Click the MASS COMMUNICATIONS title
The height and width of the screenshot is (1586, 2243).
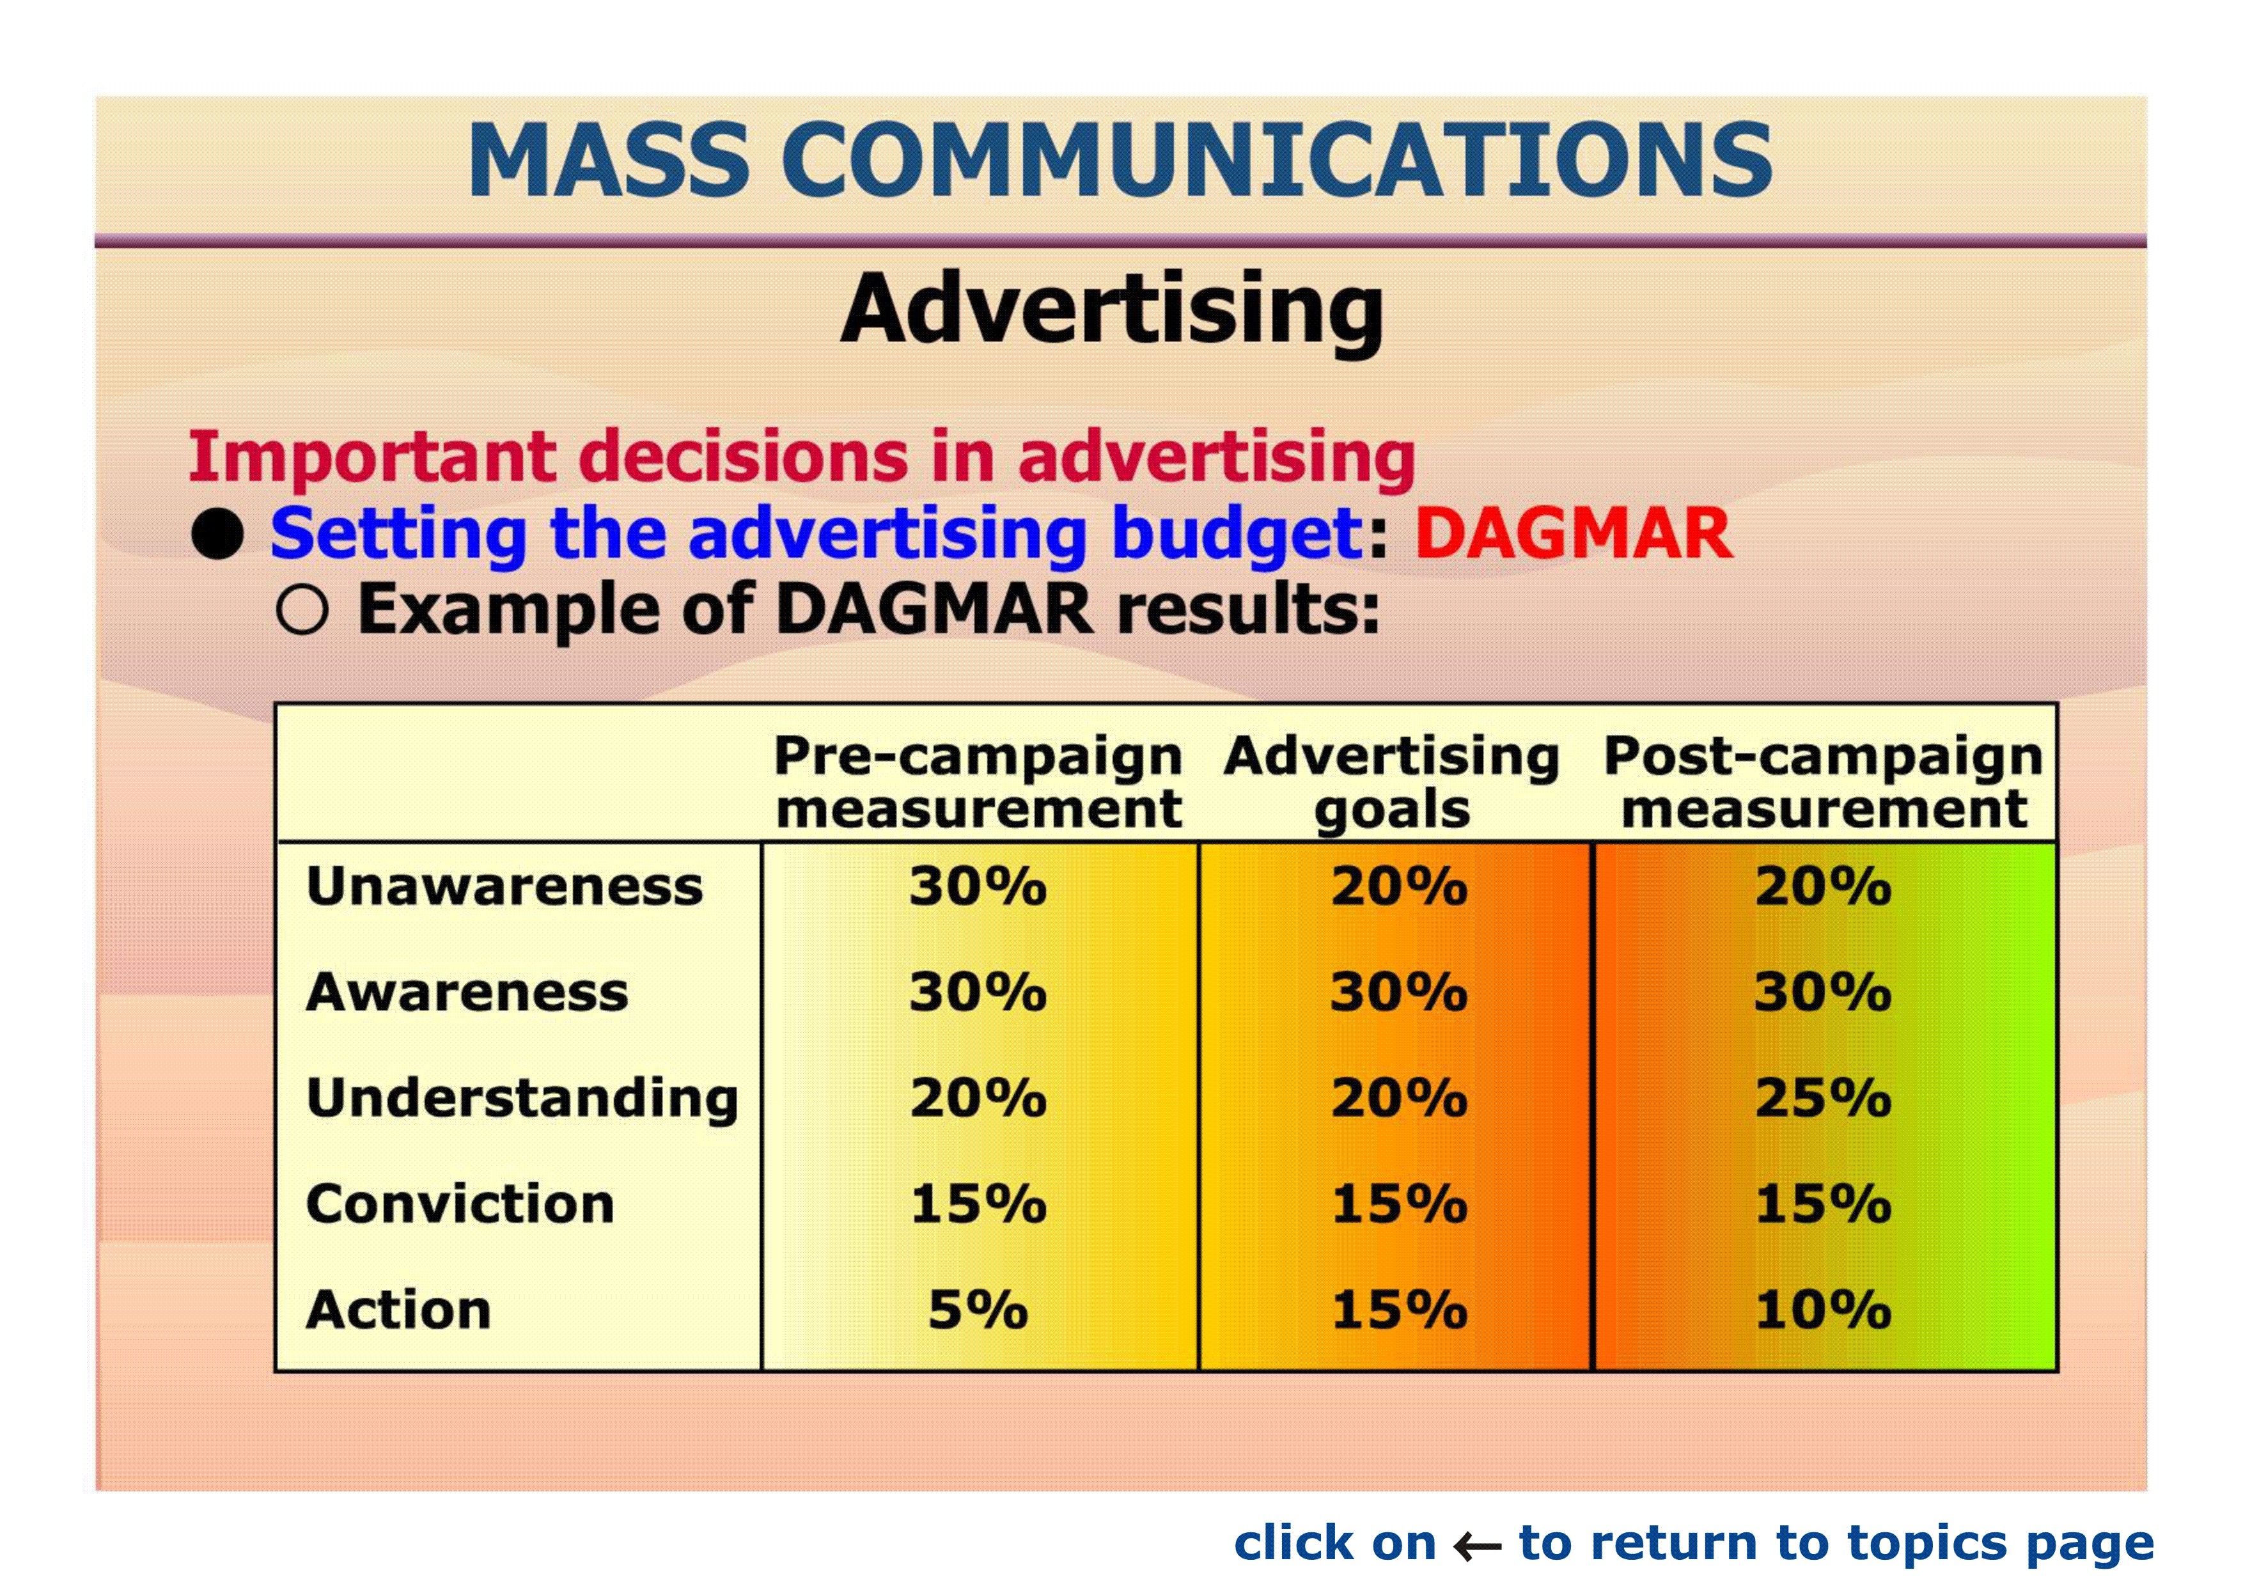pyautogui.click(x=1120, y=159)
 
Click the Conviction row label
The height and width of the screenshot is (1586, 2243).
pyautogui.click(x=460, y=1204)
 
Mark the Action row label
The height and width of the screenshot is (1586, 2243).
pyautogui.click(x=398, y=1310)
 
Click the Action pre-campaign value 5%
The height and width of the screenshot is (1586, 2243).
pyautogui.click(x=978, y=1310)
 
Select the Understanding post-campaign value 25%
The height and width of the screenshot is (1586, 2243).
pyautogui.click(x=1823, y=1099)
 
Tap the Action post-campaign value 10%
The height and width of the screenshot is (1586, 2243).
pyautogui.click(x=1823, y=1310)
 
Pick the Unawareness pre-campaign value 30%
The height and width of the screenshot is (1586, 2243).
pyautogui.click(x=978, y=887)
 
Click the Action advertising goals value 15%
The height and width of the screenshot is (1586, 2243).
pyautogui.click(x=1399, y=1310)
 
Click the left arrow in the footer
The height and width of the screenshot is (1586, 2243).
pyautogui.click(x=1476, y=1546)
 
